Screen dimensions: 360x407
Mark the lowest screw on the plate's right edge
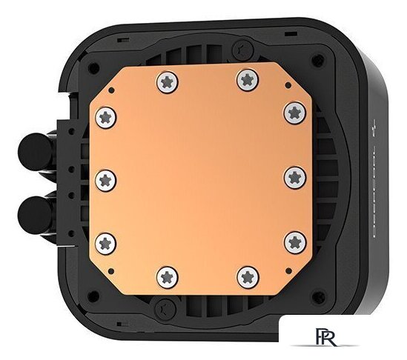[x=295, y=240]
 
